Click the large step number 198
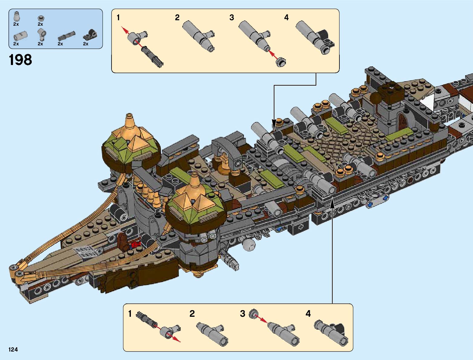coord(20,60)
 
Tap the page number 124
coord(13,349)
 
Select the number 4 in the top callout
coord(286,18)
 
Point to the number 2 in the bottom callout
coord(192,314)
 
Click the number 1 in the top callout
coord(118,18)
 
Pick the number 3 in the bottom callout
coord(242,314)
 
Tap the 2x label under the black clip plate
coord(86,44)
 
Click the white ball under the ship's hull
coord(248,244)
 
